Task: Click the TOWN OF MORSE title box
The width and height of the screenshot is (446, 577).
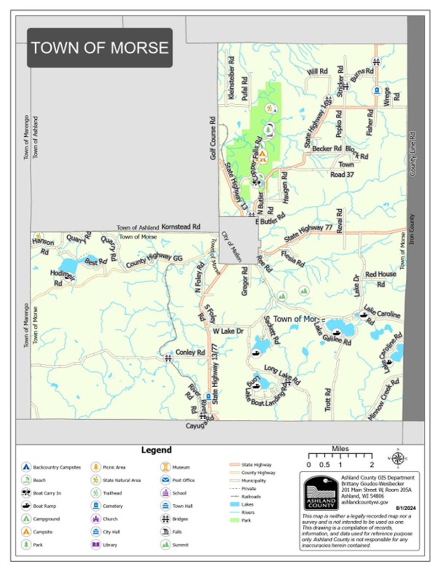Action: [x=100, y=48]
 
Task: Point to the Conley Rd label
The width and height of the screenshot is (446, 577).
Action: [x=190, y=353]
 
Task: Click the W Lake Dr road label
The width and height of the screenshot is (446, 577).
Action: [x=228, y=331]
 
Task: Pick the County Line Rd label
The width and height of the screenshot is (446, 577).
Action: [x=413, y=155]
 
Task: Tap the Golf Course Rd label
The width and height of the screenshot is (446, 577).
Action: [x=213, y=137]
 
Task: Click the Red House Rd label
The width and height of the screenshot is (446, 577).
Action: [x=381, y=278]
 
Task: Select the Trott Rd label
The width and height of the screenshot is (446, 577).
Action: [x=328, y=400]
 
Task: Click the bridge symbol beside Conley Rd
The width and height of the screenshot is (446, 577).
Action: [x=168, y=359]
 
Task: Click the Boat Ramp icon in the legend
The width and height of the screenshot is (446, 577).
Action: [x=26, y=506]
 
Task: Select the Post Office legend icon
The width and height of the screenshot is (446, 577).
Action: [x=165, y=480]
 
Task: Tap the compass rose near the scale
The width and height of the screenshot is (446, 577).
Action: [x=398, y=458]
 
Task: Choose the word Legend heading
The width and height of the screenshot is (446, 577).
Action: [x=156, y=450]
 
